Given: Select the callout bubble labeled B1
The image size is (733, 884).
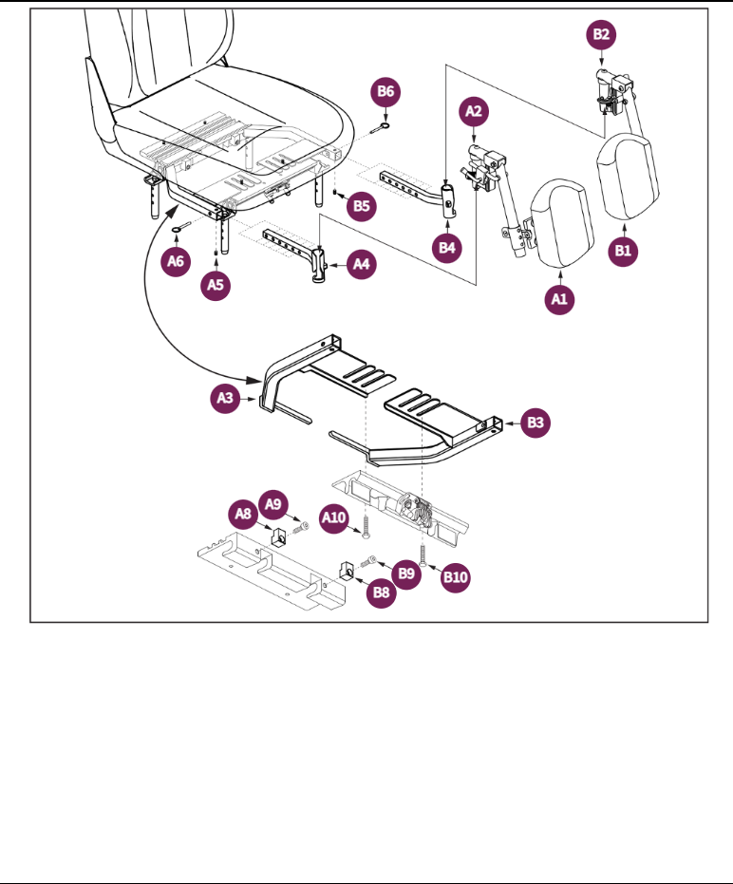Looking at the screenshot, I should coord(623,252).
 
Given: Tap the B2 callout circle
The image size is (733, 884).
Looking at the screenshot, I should coord(602,35).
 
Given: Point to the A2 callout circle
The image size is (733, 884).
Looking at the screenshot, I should coord(476,112).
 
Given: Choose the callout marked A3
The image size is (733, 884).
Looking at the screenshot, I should coord(225,400).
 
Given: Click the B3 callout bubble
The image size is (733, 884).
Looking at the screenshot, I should coord(536,423).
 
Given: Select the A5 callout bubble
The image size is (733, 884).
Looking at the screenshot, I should coord(217,284).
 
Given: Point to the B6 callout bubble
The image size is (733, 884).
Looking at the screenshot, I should coord(385,93).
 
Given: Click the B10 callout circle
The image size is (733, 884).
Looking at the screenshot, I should coord(456,575).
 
